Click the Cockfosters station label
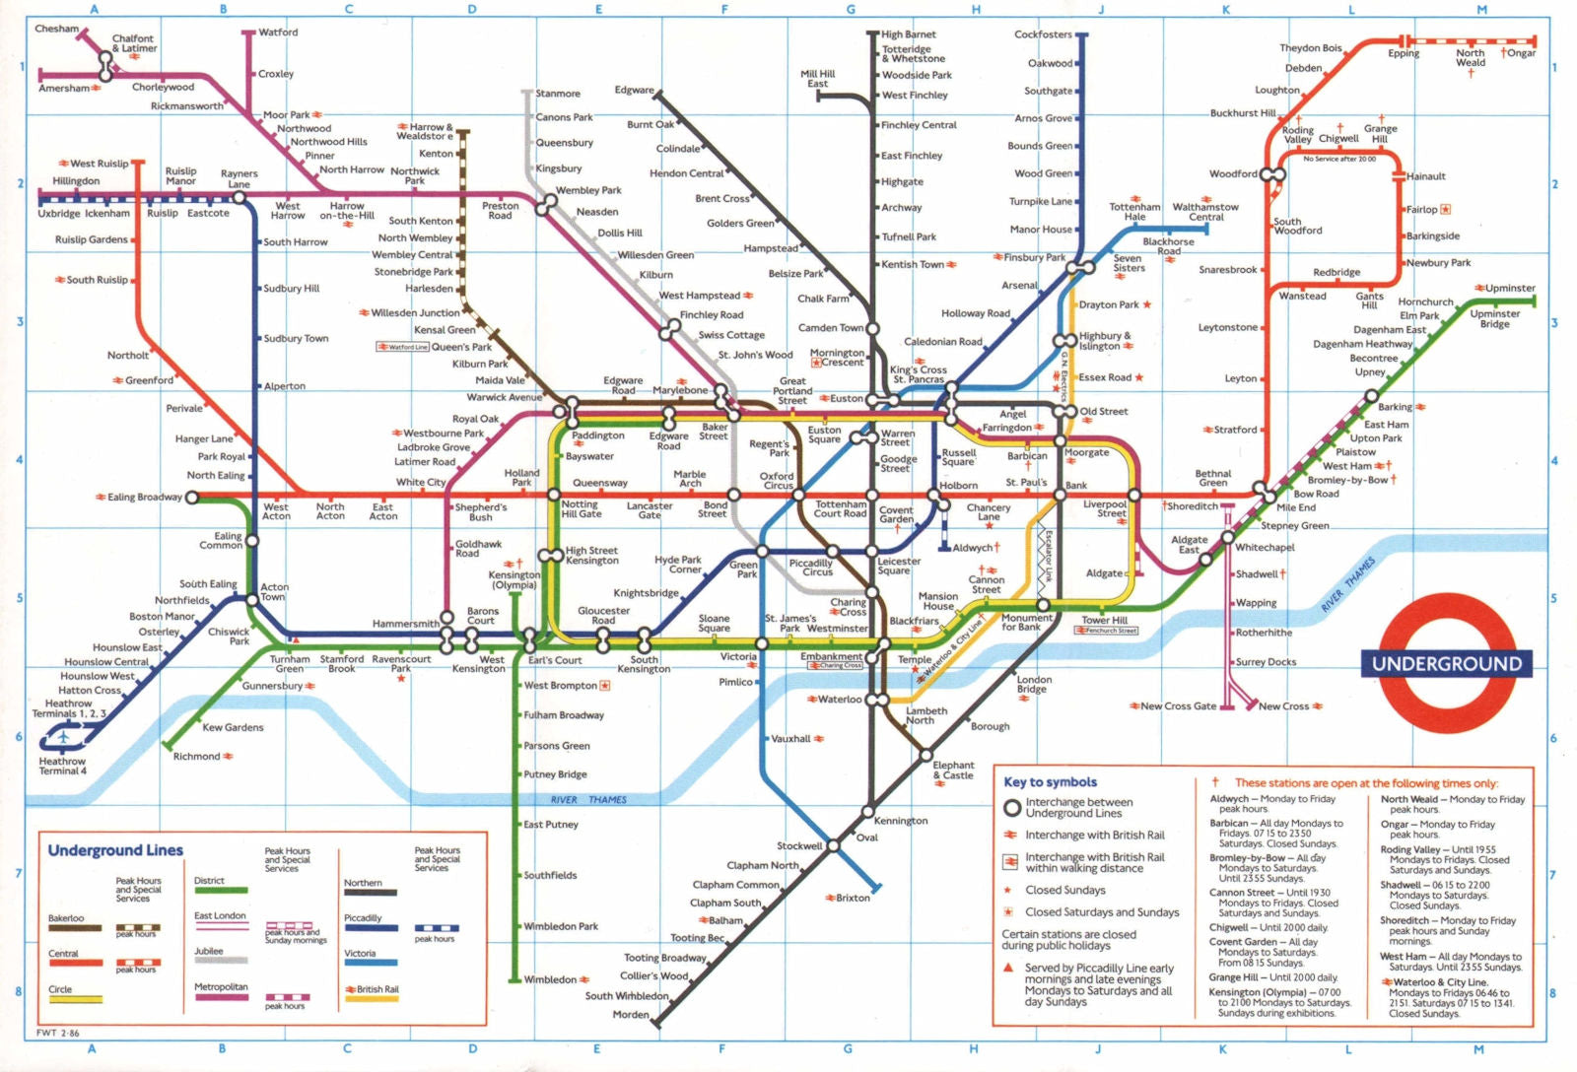(1043, 34)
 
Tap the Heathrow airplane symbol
(65, 735)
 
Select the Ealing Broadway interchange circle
(192, 498)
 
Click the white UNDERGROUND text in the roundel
(1446, 664)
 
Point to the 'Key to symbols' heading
(1050, 782)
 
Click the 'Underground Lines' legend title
(115, 850)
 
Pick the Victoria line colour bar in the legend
(371, 963)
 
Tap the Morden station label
(631, 1014)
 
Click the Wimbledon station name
(550, 979)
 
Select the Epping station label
(1404, 53)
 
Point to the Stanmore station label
(558, 94)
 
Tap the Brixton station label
(854, 898)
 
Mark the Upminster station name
(1510, 289)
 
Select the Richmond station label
(196, 757)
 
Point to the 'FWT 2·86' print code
(58, 1034)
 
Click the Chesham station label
(56, 29)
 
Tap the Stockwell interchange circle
(833, 845)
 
